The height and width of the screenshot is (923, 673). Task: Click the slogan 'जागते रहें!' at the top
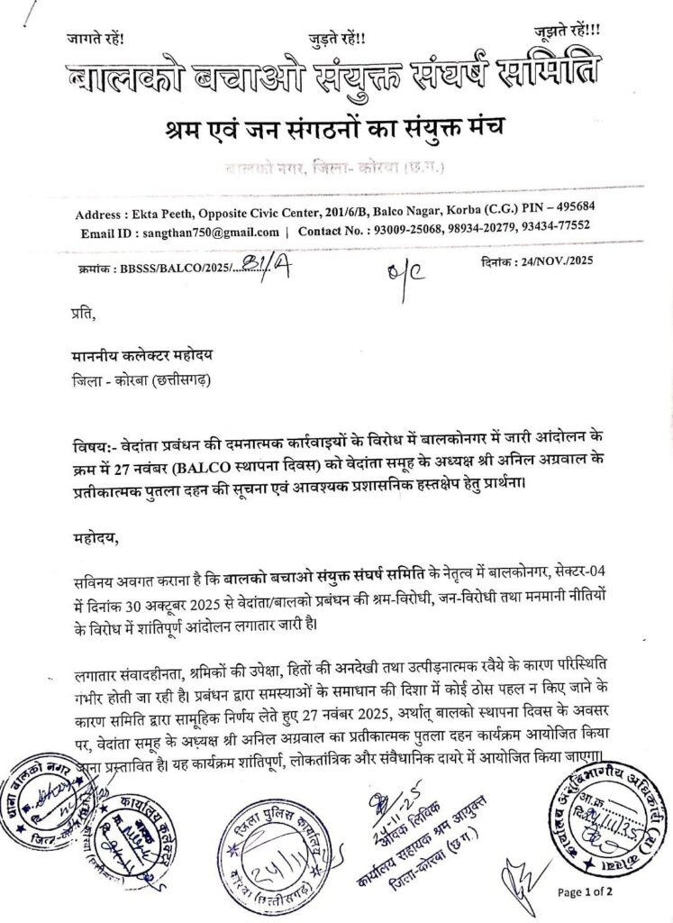[x=95, y=39]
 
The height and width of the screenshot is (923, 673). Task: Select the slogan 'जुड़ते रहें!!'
[x=337, y=38]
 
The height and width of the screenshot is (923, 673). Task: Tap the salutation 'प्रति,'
[x=82, y=314]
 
